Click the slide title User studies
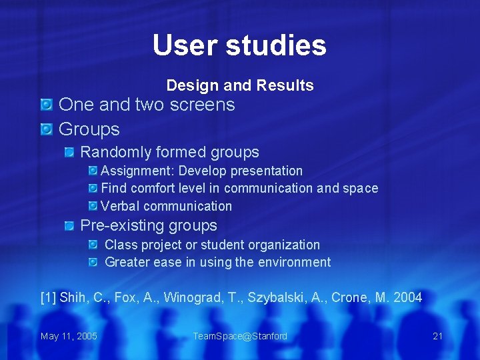tap(239, 45)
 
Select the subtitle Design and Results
tap(240, 85)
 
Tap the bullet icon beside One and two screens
tap(46, 105)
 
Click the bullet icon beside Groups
tap(46, 129)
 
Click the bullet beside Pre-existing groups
tap(69, 226)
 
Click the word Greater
tap(127, 262)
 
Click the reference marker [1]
tap(48, 297)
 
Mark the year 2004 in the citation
tap(407, 297)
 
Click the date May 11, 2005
tap(69, 336)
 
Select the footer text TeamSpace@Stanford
tap(240, 336)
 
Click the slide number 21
tap(437, 336)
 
